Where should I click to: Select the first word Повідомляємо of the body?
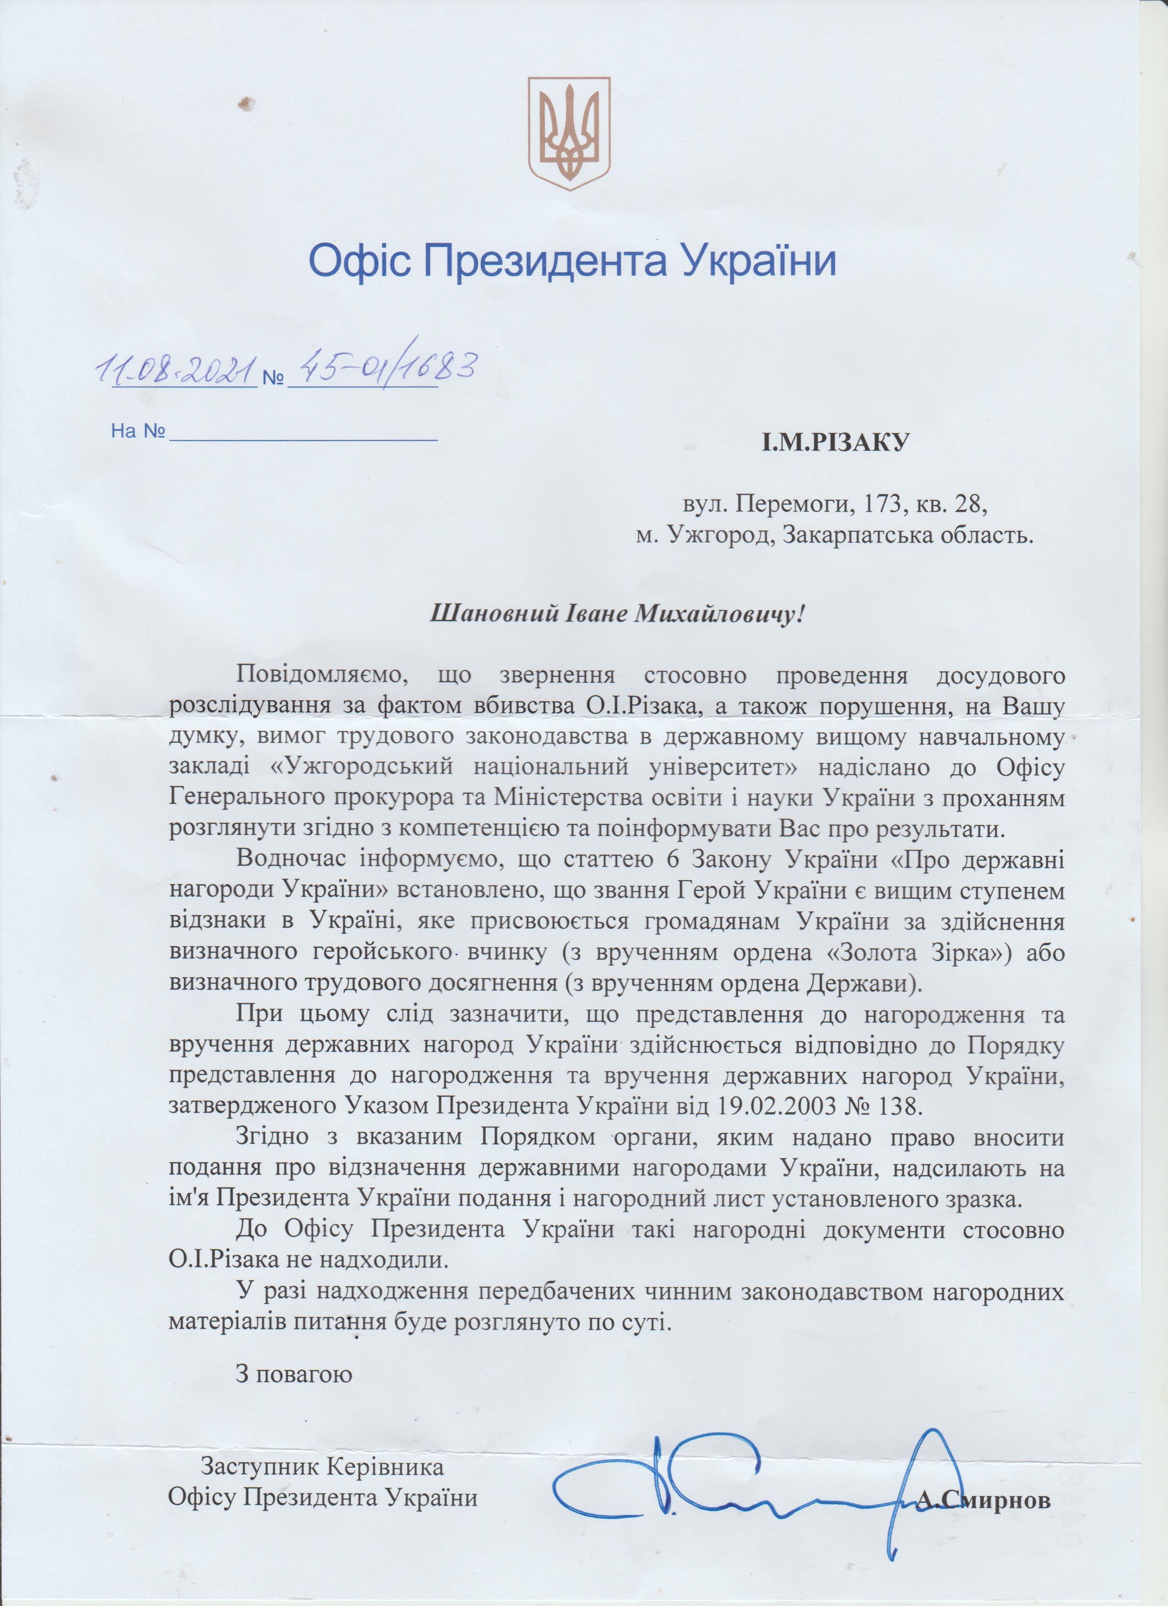coord(322,675)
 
